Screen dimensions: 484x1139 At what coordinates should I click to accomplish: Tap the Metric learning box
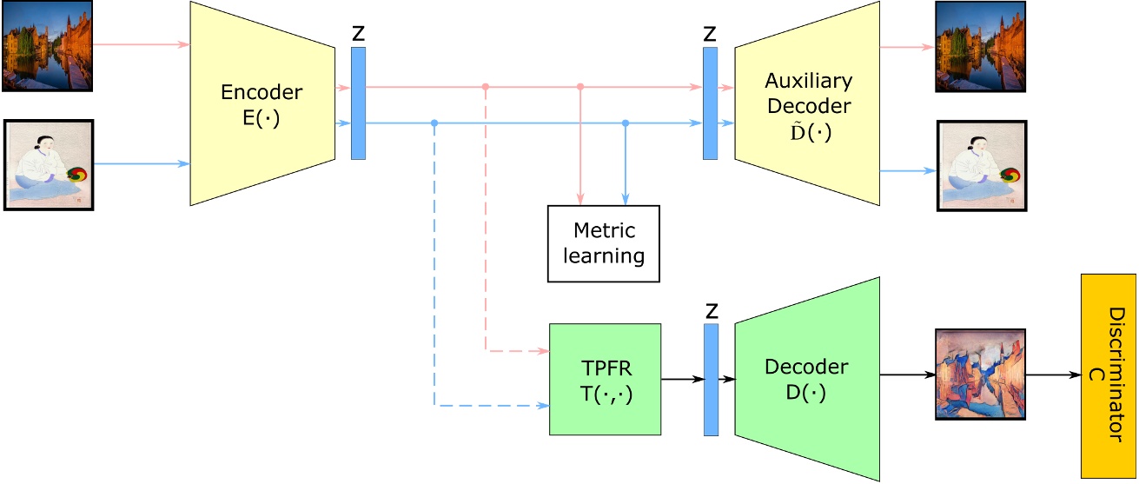603,243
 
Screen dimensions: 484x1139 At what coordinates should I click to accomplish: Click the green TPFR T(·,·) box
605,379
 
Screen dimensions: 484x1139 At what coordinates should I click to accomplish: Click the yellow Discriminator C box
1108,375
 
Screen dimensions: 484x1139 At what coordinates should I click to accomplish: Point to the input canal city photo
47,45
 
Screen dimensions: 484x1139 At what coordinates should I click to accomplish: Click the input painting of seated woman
47,166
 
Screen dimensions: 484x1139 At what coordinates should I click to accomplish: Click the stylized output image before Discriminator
979,375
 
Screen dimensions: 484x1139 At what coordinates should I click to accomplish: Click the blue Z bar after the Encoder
358,103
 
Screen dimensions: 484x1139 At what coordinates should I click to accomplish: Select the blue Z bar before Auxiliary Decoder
711,103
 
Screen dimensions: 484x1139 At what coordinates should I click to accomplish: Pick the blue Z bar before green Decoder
711,379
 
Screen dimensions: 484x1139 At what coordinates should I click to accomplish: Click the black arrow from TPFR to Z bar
682,379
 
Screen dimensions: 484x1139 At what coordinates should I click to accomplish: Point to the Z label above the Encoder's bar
358,34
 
